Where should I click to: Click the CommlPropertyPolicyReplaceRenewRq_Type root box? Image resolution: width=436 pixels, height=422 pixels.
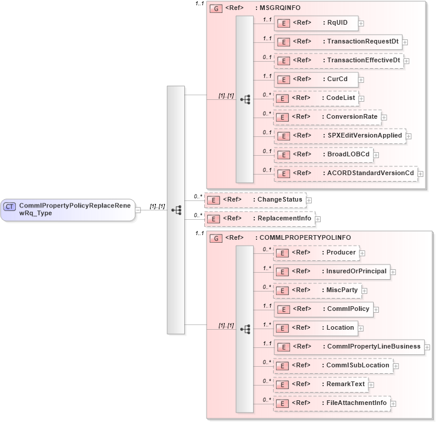tap(68, 209)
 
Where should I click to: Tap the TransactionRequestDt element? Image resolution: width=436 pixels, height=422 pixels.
tap(338, 42)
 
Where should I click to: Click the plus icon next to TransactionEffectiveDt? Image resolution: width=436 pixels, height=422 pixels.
tap(407, 61)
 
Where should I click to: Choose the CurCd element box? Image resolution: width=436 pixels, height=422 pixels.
tap(316, 79)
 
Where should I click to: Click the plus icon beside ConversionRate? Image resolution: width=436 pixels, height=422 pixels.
tap(384, 118)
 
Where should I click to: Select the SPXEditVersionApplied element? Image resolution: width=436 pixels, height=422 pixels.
tap(340, 136)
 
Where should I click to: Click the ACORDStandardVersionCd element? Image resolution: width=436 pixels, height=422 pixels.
tap(345, 173)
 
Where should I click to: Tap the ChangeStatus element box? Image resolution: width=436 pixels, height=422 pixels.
tap(255, 200)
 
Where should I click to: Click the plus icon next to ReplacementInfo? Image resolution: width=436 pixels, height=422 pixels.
tap(318, 219)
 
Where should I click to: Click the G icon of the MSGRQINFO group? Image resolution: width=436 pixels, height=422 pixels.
tap(216, 9)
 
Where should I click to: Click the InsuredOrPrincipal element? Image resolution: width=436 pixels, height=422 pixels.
tap(332, 272)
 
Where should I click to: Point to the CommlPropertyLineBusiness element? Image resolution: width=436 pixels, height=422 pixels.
tap(349, 347)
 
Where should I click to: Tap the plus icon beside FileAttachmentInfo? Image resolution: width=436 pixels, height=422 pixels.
tap(393, 404)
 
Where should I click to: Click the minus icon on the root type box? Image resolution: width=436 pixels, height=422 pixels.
tap(138, 209)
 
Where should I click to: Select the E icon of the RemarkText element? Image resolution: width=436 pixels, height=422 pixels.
tap(282, 385)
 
